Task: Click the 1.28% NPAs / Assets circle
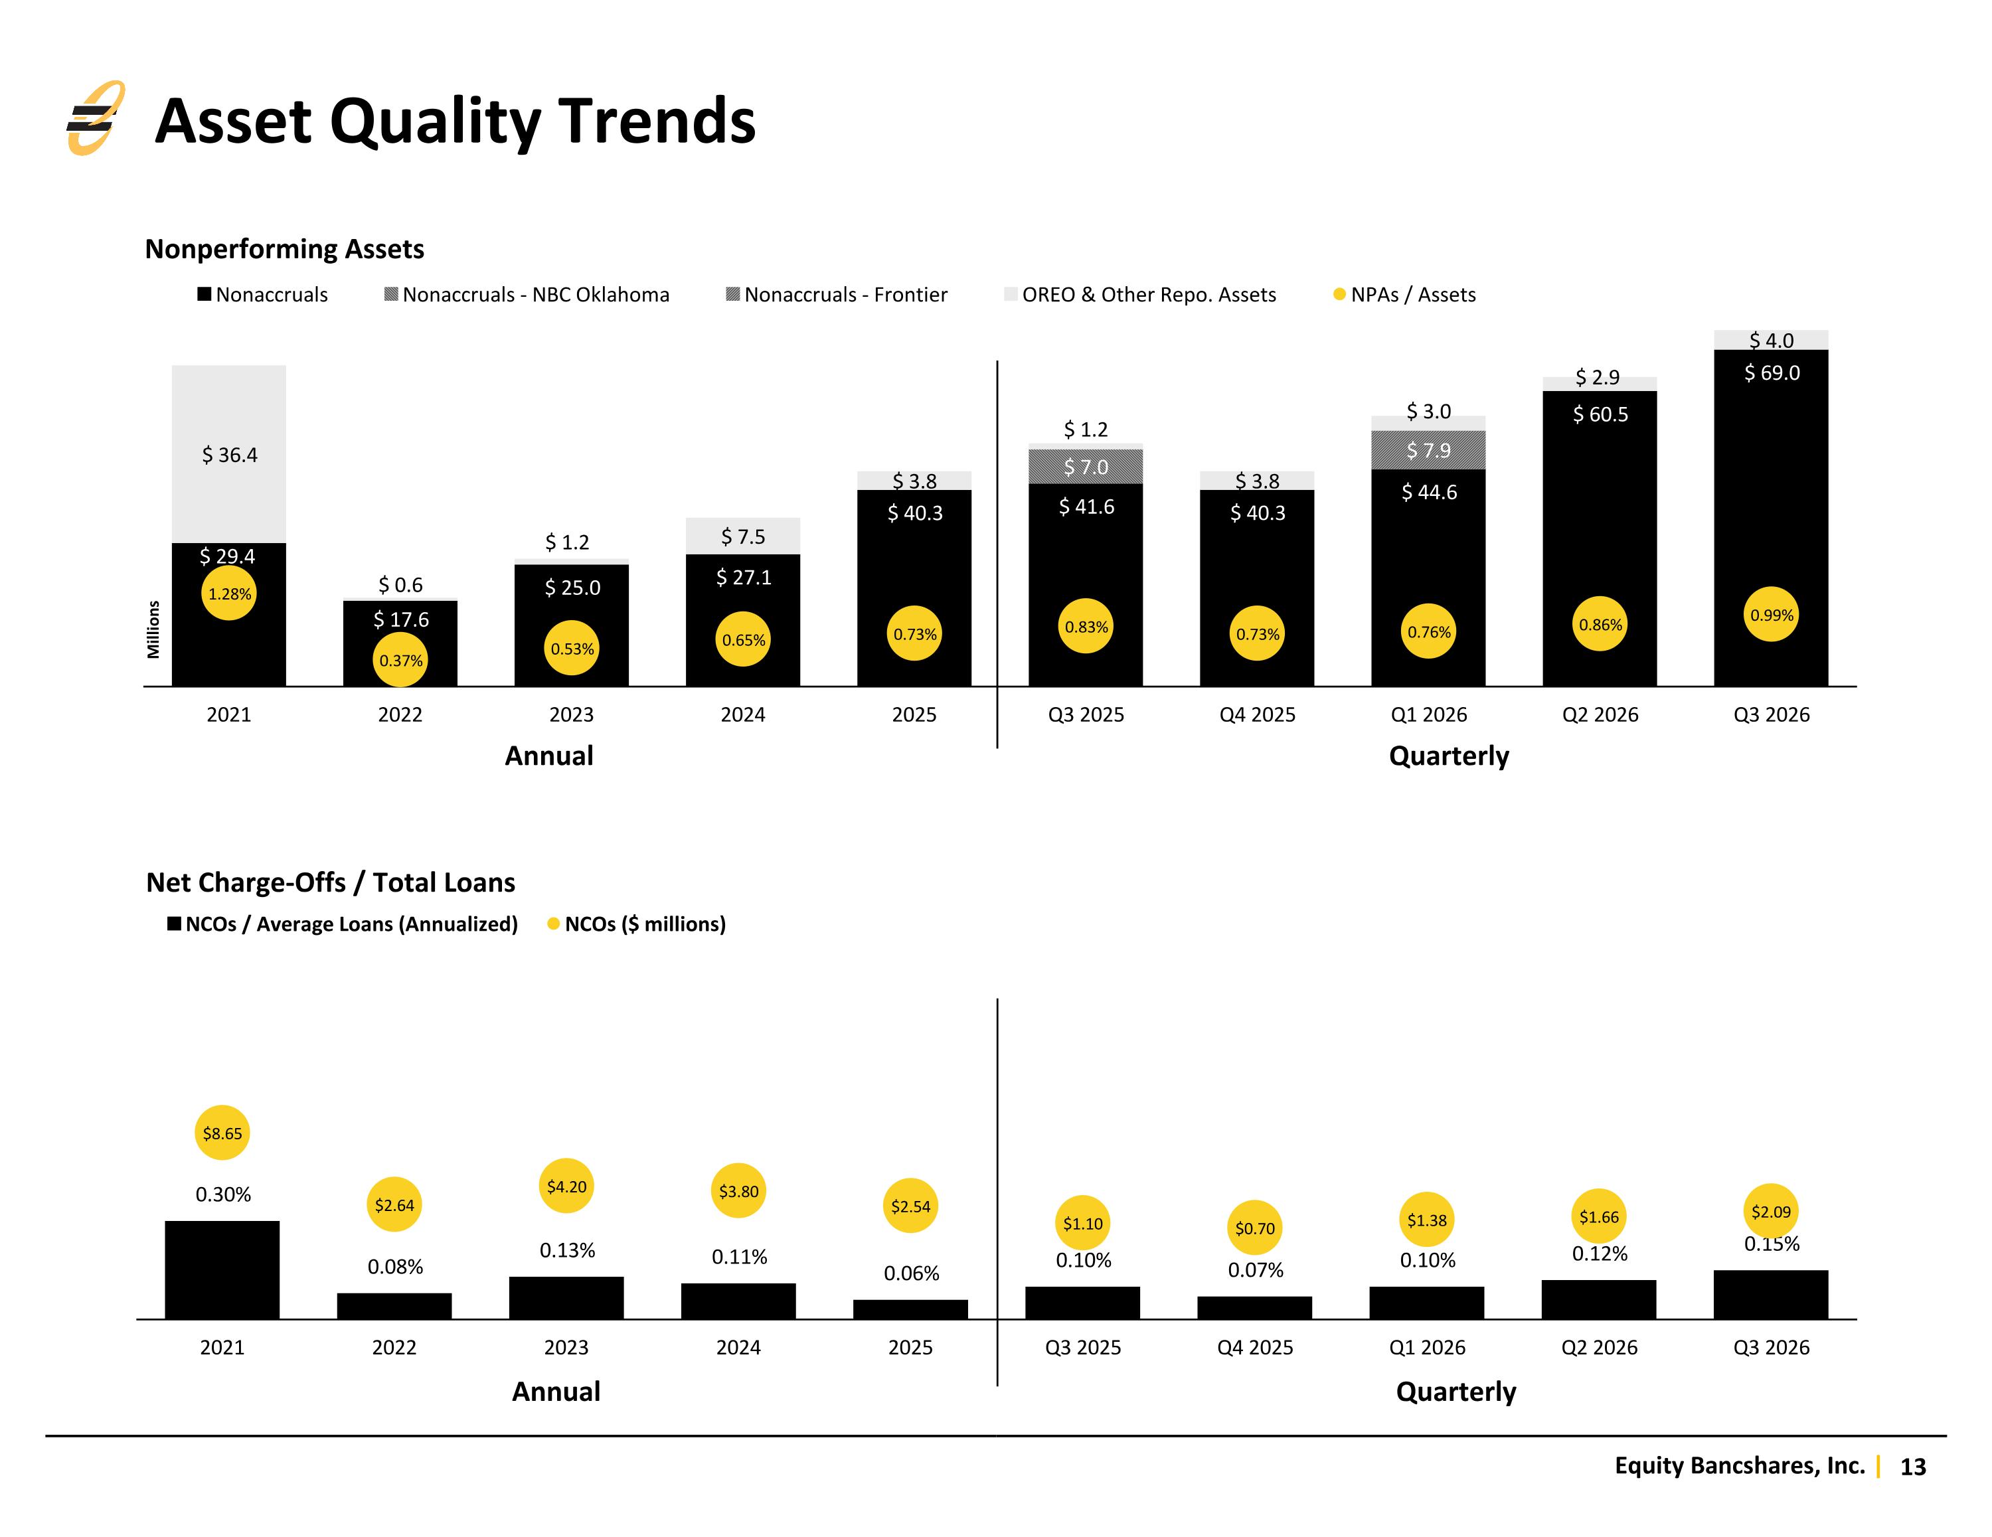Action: click(229, 594)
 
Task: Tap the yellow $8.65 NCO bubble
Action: click(222, 1133)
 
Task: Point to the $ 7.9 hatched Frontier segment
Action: click(1428, 449)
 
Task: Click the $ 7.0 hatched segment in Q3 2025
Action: click(1086, 466)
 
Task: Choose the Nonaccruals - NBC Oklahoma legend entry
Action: click(527, 295)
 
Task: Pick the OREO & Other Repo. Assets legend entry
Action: click(1140, 295)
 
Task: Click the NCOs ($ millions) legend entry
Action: click(637, 924)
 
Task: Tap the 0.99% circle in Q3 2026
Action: click(1772, 615)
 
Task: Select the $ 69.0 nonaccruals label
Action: click(1772, 372)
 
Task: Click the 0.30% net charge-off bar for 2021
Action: click(222, 1269)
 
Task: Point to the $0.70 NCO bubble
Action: click(1255, 1228)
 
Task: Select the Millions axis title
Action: click(153, 629)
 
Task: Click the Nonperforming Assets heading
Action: click(285, 249)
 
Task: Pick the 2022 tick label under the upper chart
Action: click(400, 714)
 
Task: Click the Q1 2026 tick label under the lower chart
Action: click(1428, 1347)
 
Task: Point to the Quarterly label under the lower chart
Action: click(1455, 1392)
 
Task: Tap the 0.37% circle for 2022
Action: click(400, 661)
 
